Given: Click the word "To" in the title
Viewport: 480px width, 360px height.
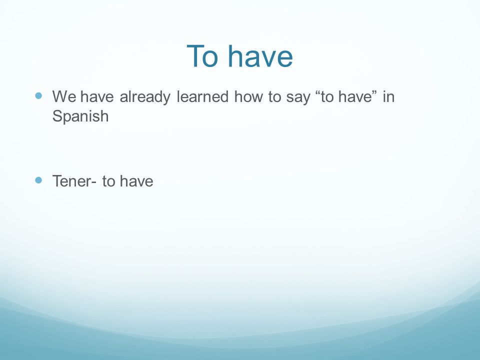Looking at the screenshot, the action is click(202, 56).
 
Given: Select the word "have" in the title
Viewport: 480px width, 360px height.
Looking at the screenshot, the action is click(260, 56).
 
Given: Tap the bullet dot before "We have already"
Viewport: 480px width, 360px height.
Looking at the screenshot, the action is click(38, 96).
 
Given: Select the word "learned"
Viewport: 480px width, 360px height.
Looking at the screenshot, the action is click(202, 96).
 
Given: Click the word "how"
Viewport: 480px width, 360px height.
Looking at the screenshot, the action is click(248, 96).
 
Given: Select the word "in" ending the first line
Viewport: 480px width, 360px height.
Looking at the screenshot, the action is click(388, 96).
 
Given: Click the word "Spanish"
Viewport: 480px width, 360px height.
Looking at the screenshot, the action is click(80, 116).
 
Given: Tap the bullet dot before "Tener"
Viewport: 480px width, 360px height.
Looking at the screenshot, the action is click(38, 180).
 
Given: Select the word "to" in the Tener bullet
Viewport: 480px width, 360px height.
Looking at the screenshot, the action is click(108, 181).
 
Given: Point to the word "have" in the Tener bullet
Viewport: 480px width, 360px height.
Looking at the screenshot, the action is click(136, 181).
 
